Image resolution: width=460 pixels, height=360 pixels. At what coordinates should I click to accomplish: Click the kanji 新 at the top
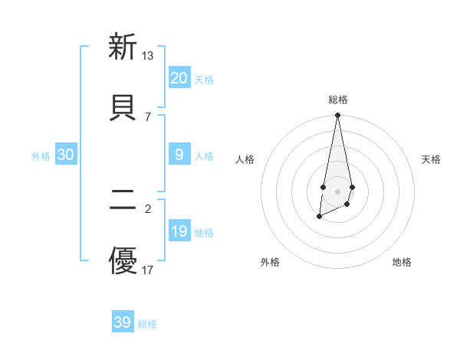[x=123, y=47]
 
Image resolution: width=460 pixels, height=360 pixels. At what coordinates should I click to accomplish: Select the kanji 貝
[x=123, y=106]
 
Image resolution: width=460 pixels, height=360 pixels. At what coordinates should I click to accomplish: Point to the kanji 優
[x=123, y=260]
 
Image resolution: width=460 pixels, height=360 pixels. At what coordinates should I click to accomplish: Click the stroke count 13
[x=148, y=56]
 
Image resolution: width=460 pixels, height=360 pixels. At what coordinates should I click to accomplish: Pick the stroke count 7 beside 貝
[x=148, y=116]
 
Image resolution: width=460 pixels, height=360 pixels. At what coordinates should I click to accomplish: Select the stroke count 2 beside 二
[x=148, y=208]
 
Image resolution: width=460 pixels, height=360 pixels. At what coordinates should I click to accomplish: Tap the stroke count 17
[x=148, y=270]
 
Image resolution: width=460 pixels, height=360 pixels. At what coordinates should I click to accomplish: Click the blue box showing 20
[x=179, y=78]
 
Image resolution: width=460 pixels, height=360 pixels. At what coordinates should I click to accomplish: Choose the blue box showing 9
[x=179, y=155]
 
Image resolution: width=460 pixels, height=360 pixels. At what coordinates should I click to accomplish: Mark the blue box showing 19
[x=179, y=231]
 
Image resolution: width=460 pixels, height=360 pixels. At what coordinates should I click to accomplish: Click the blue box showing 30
[x=66, y=155]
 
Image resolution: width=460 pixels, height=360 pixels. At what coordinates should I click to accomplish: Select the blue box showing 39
[x=123, y=322]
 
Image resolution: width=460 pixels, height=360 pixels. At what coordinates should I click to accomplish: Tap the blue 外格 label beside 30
[x=41, y=155]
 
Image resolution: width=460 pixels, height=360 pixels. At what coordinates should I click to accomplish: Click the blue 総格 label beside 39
[x=147, y=324]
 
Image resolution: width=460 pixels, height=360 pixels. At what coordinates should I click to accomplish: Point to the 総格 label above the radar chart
[x=337, y=100]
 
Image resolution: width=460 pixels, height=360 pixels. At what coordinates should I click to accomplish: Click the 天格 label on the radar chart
[x=431, y=159]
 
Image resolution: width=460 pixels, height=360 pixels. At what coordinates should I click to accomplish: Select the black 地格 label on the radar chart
[x=402, y=262]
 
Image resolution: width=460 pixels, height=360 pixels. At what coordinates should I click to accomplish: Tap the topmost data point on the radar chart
[x=337, y=116]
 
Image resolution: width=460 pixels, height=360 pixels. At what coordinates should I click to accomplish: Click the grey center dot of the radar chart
[x=337, y=189]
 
